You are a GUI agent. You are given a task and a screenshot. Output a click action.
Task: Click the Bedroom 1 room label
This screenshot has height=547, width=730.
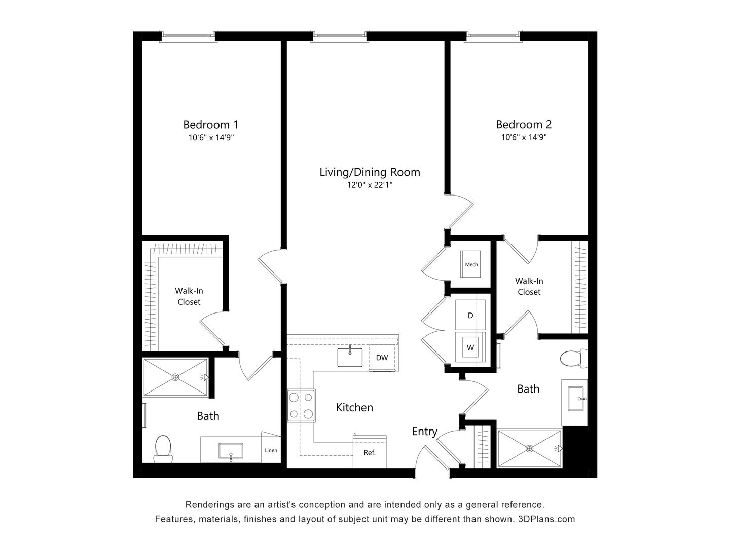point(210,124)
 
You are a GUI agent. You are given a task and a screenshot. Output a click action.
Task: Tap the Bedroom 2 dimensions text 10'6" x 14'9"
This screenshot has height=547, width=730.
point(524,137)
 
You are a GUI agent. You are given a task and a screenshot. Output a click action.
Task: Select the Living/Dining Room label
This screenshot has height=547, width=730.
point(370,172)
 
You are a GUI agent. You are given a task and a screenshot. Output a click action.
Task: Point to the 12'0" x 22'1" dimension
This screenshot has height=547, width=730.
point(370,185)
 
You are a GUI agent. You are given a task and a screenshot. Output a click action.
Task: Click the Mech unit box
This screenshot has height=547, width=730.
point(471,264)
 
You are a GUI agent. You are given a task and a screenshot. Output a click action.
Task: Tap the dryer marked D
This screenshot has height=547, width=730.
point(470,315)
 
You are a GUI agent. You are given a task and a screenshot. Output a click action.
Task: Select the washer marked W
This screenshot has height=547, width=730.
point(470,347)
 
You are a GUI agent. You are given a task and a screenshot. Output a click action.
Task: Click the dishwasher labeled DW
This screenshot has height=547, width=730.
point(382,358)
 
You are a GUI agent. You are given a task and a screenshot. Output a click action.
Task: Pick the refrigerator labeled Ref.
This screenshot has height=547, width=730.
point(370,452)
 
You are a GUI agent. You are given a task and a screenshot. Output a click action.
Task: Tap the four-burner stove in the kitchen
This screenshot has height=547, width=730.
point(301,405)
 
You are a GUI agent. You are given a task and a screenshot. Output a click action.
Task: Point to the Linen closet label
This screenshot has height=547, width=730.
point(271,450)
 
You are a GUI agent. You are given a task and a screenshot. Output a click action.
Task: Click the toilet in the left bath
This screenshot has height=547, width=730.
point(163,449)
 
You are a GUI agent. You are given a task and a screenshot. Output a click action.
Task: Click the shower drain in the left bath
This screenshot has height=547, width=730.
point(175,377)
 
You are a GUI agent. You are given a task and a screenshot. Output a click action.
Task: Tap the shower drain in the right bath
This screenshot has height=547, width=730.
point(529,448)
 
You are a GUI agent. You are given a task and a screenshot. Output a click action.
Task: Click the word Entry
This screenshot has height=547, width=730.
point(424,432)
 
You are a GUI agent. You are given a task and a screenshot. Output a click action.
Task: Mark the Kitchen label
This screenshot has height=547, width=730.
point(354,407)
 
